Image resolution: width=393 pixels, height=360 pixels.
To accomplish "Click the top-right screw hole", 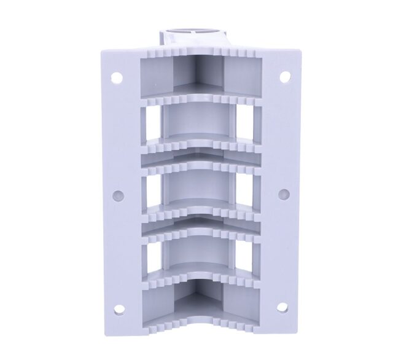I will [x=284, y=77].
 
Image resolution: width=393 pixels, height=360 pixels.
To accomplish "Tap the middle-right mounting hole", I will [x=283, y=194].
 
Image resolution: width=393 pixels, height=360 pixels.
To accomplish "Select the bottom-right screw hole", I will [x=282, y=307].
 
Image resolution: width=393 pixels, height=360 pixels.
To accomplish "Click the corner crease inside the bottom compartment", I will [x=198, y=307].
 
